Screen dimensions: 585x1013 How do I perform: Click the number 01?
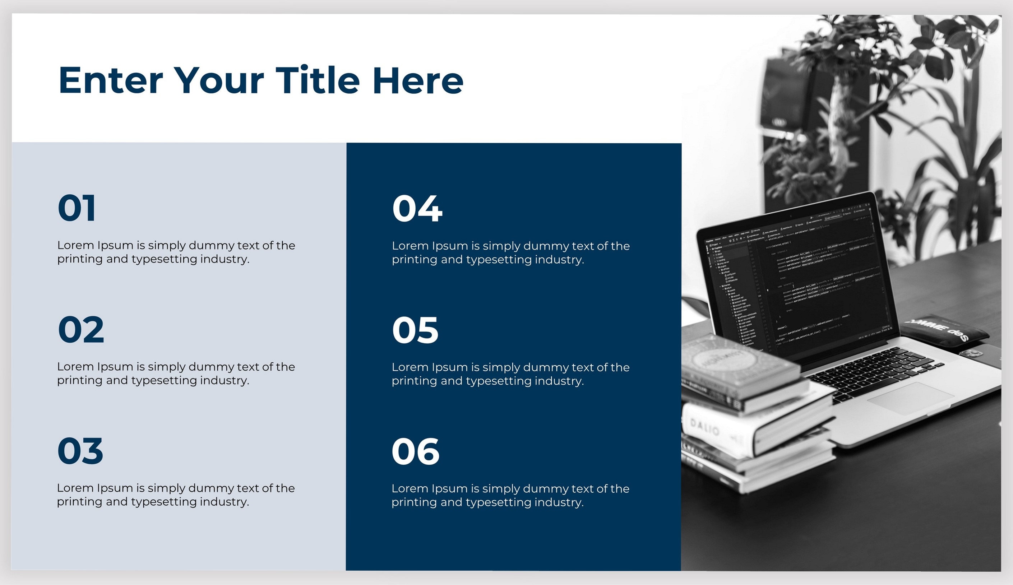tap(77, 208)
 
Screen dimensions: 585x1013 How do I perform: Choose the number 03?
tap(80, 451)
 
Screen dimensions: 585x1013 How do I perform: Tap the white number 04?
tap(417, 208)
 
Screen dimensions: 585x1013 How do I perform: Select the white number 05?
tap(415, 330)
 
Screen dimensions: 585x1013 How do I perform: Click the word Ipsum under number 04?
tap(450, 246)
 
